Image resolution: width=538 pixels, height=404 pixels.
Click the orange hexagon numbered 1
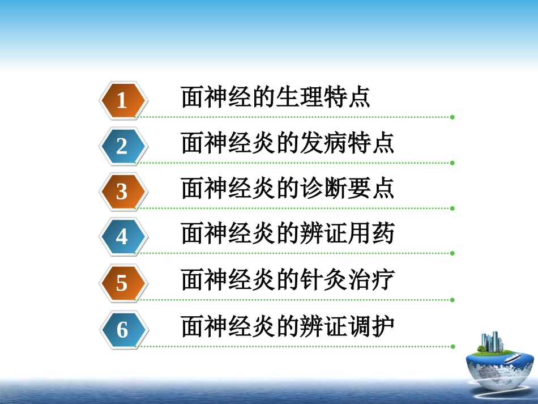(x=122, y=100)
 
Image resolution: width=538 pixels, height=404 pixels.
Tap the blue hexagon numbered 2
(x=122, y=146)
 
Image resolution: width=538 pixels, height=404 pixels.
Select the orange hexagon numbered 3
(x=122, y=192)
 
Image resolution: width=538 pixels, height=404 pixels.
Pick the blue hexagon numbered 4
(x=122, y=236)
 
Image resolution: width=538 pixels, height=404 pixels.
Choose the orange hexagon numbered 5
(x=122, y=282)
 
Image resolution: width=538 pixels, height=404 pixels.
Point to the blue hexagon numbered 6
(x=122, y=329)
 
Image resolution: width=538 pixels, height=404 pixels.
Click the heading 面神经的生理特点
(x=276, y=97)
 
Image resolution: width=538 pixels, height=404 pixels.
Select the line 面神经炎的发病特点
(x=288, y=143)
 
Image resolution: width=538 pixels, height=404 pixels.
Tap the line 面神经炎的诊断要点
(x=288, y=189)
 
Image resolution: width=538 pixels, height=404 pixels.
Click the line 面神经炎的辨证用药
(x=288, y=234)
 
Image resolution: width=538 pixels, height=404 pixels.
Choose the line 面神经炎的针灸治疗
(x=288, y=280)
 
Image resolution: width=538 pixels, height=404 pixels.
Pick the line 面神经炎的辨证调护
(x=288, y=326)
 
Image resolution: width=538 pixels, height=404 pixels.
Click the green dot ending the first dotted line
(x=452, y=117)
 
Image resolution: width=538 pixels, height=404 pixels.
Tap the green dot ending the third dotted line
(x=452, y=209)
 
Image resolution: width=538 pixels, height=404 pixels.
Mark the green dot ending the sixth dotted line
(x=452, y=346)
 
